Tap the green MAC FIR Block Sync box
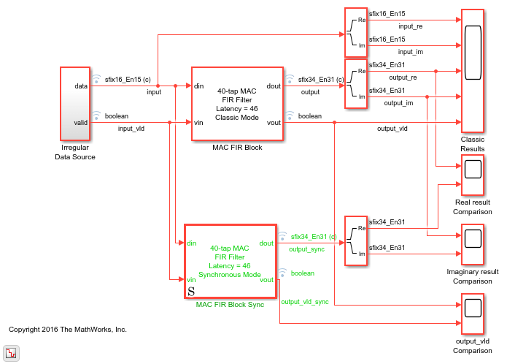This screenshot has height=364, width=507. point(231,261)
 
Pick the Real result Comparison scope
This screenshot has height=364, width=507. point(472,169)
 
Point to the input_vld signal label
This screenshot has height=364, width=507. point(131,129)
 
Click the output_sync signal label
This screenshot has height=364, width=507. point(306,249)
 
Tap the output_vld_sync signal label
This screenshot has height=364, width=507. point(306,301)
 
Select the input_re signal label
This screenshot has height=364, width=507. point(410,26)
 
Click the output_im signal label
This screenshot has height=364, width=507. point(398,103)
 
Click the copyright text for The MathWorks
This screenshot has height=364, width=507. point(68,330)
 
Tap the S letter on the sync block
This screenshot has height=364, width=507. point(191,291)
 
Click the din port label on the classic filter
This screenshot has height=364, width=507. point(198,86)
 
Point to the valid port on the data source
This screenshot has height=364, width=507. point(81,122)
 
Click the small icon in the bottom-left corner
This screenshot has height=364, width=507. point(12,354)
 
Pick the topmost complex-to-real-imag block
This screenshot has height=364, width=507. point(355,33)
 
